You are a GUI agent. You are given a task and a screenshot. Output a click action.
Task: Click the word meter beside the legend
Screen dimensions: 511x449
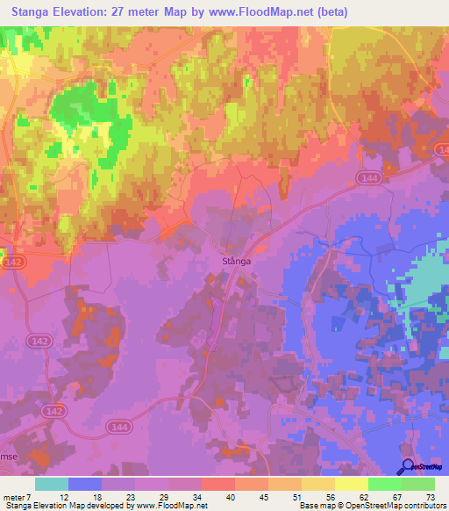click(x=15, y=497)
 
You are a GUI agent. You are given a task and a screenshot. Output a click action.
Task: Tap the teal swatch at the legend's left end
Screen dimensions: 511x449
click(x=52, y=484)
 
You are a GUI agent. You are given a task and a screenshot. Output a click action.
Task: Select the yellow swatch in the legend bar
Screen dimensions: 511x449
click(x=351, y=484)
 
